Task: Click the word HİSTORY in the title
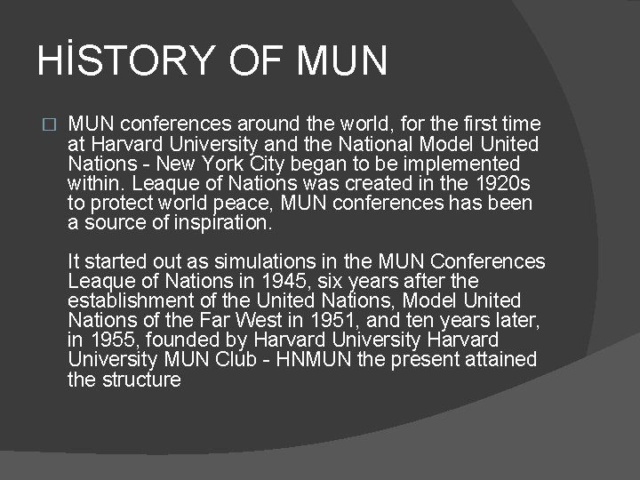tap(125, 60)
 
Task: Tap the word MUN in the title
tap(343, 60)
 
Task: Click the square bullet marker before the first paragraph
tap(49, 124)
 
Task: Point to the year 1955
tap(113, 340)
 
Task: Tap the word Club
tap(235, 359)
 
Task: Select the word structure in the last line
tap(141, 380)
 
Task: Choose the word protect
tap(116, 203)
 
